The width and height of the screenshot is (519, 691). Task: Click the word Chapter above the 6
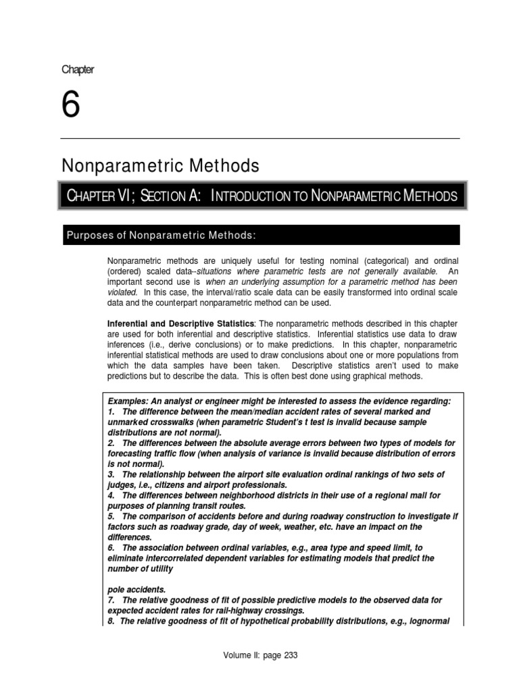78,70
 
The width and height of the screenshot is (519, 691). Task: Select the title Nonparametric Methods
160,165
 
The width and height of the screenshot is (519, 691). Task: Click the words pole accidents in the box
137,589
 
